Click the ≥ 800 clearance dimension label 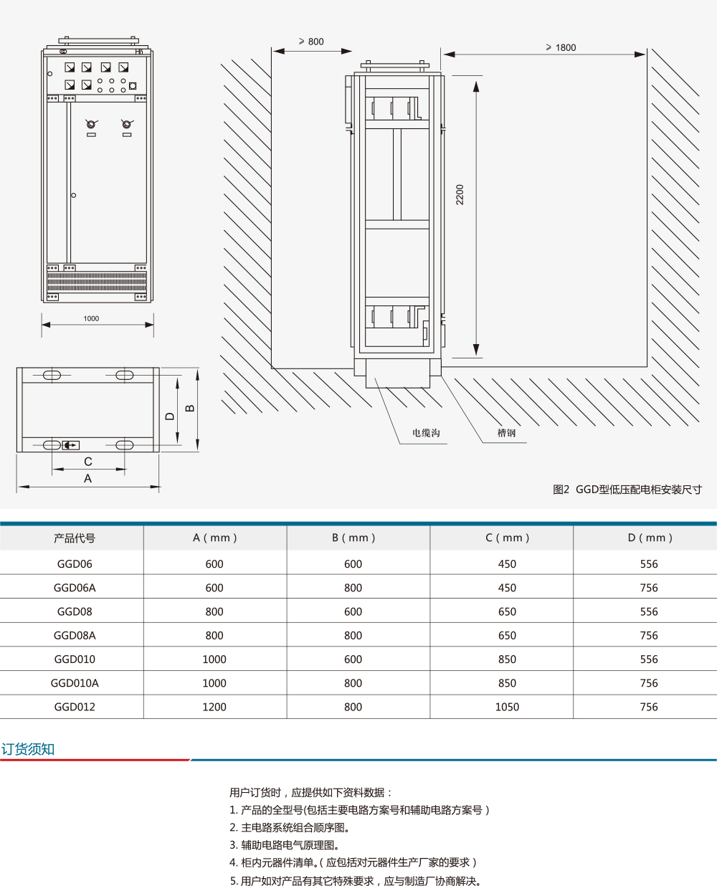tap(311, 42)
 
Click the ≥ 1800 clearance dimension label tap(561, 47)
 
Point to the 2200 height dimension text tap(460, 194)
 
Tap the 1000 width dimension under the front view tap(91, 318)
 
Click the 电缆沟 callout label tap(426, 433)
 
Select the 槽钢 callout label tap(506, 433)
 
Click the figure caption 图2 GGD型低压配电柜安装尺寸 tap(627, 490)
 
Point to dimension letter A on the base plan tap(87, 479)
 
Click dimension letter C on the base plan tap(87, 462)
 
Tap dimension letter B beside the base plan tap(190, 409)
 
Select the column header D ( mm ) tap(650, 538)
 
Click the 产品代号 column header tap(75, 538)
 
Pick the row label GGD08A tap(75, 635)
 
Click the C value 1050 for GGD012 tap(507, 707)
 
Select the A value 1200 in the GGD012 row tap(214, 707)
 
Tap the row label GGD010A tap(75, 683)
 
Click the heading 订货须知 tap(28, 749)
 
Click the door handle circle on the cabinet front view tap(73, 195)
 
